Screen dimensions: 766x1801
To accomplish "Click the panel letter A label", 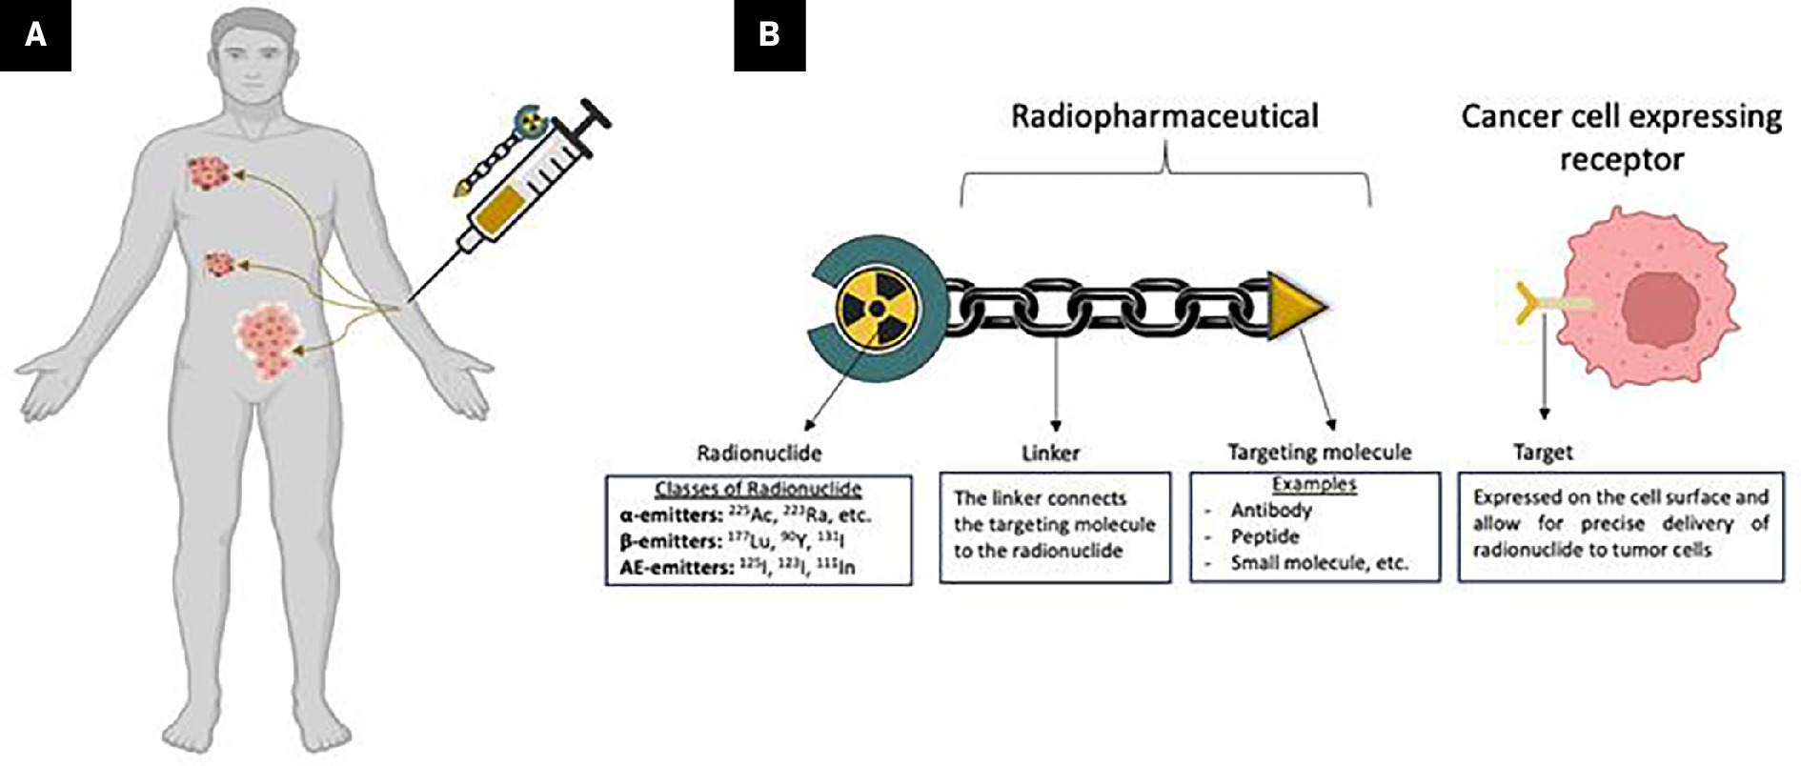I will [35, 35].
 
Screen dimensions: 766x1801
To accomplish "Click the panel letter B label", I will [769, 35].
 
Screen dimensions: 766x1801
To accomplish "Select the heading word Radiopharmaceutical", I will [1164, 116].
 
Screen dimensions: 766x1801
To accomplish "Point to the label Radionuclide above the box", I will [759, 453].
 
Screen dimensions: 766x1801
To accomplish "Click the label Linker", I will [1050, 453].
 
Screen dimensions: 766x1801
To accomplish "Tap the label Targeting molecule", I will [1319, 452].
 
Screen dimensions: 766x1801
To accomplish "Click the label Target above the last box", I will [1543, 453].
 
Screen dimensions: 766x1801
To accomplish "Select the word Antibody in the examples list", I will [1271, 511].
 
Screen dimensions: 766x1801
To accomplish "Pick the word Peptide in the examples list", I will [1265, 536].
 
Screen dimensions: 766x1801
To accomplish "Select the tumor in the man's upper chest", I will [211, 172].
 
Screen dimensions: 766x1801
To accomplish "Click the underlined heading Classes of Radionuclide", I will [758, 490].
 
